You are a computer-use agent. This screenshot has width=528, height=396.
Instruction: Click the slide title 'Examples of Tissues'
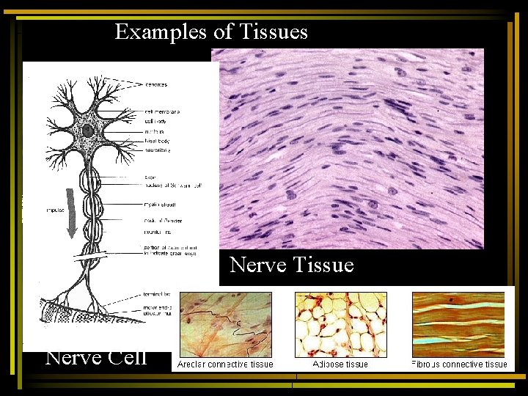(211, 32)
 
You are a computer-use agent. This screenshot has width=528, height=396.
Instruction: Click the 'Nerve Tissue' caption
(292, 265)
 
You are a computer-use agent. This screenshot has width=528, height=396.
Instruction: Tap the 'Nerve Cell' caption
(96, 357)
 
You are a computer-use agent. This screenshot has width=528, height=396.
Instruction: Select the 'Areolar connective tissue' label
(225, 364)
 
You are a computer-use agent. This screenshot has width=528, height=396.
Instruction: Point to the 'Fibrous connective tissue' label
(460, 364)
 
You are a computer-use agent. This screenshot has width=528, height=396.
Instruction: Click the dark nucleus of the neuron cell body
(87, 131)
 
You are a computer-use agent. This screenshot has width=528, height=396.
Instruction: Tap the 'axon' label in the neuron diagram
(151, 177)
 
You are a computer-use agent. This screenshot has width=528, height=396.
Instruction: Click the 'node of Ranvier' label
(164, 221)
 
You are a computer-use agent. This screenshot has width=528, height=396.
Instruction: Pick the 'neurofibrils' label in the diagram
(159, 150)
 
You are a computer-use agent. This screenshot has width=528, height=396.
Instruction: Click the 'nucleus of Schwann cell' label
(172, 186)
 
